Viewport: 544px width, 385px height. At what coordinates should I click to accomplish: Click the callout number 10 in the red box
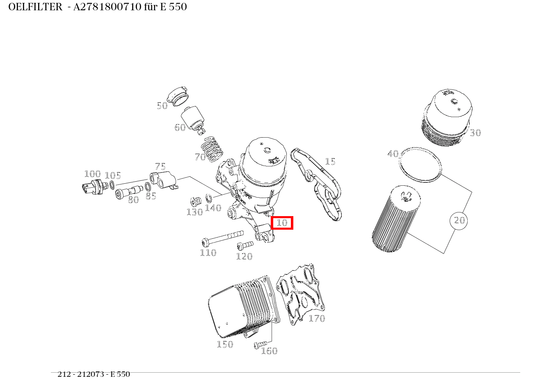point(282,223)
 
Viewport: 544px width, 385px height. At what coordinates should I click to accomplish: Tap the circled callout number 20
point(459,221)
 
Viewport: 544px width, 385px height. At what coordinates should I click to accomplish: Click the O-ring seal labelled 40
point(421,164)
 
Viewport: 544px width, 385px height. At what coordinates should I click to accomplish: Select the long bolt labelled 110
point(222,237)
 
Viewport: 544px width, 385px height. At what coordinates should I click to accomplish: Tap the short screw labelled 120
point(245,245)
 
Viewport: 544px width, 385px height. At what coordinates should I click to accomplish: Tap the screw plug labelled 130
point(195,202)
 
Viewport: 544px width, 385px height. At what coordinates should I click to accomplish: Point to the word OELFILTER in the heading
point(35,7)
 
